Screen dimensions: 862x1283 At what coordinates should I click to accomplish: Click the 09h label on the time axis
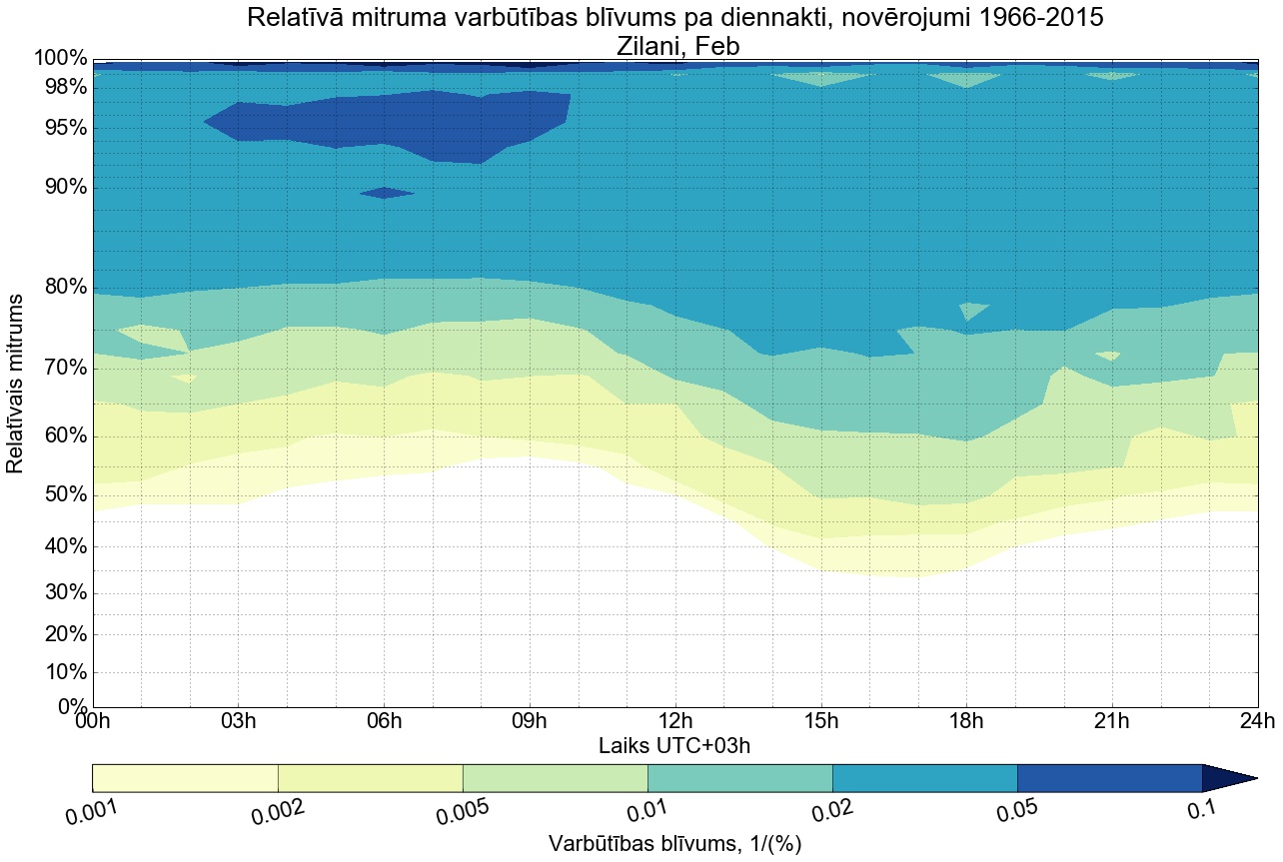tap(530, 722)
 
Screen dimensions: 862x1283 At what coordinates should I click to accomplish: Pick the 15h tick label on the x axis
tap(820, 722)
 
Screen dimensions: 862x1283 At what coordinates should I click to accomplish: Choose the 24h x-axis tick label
tap(1256, 722)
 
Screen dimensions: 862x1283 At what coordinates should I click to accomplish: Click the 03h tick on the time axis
tap(239, 722)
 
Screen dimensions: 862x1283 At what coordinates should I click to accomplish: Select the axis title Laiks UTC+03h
tap(674, 745)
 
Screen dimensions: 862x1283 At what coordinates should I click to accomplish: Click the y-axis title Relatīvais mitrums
tap(16, 384)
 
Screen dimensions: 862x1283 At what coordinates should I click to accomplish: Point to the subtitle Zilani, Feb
tap(674, 45)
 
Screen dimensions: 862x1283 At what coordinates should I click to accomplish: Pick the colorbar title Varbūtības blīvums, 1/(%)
tap(674, 844)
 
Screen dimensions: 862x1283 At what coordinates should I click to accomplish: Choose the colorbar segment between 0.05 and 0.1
tap(1109, 778)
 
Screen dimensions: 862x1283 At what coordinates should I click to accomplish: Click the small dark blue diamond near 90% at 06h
tap(386, 193)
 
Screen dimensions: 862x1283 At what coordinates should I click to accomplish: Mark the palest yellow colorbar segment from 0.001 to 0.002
tap(185, 778)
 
